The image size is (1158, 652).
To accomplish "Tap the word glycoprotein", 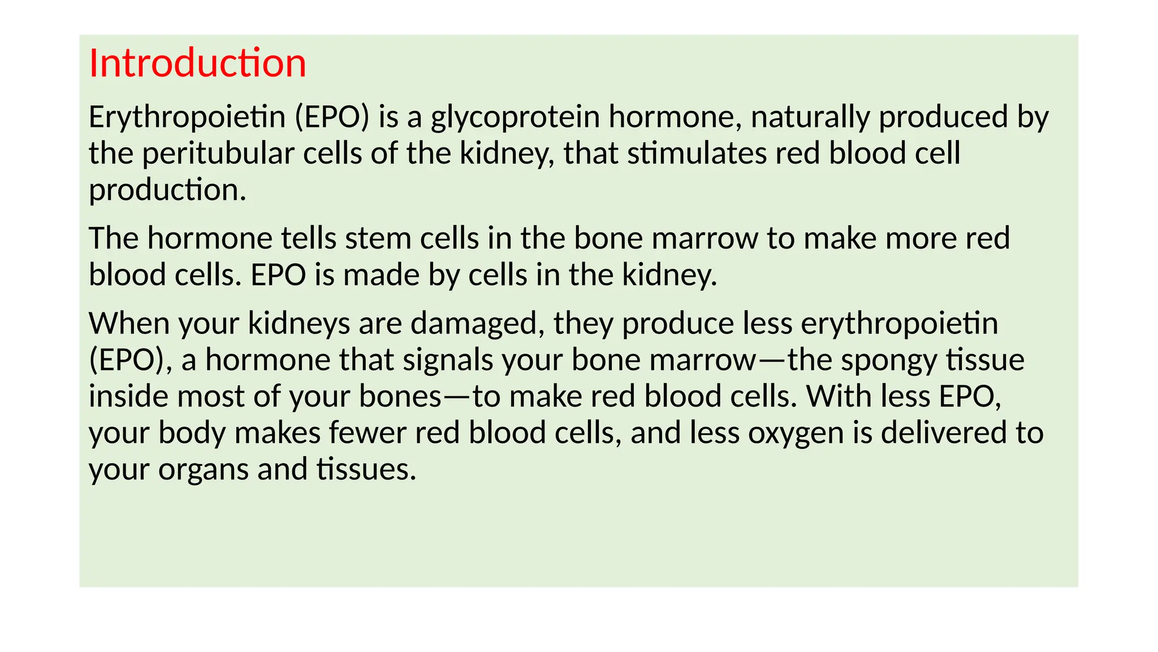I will point(515,117).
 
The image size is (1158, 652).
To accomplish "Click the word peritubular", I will point(218,153).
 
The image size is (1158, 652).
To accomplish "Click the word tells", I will point(309,238).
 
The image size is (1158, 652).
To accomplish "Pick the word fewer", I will point(368,433).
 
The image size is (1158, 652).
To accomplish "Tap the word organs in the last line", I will point(203,470).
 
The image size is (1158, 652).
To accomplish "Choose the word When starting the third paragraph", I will point(129,324).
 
